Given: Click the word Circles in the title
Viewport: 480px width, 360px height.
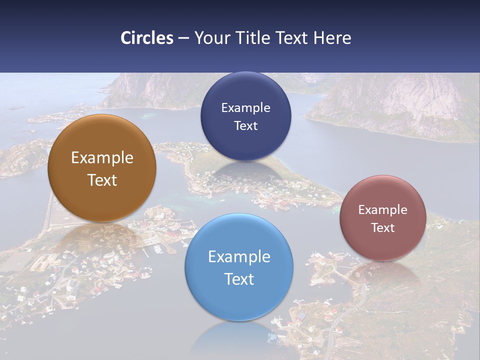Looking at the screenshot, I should pyautogui.click(x=147, y=38).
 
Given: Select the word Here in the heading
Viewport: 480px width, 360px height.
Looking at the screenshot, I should pyautogui.click(x=332, y=38).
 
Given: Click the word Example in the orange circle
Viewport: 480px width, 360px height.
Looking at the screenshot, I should pyautogui.click(x=102, y=158).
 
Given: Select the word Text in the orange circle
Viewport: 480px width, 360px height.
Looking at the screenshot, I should pyautogui.click(x=102, y=180).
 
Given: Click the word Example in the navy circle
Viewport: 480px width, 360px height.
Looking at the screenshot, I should pyautogui.click(x=245, y=108).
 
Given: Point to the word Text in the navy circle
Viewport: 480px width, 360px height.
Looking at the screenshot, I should pyautogui.click(x=245, y=125).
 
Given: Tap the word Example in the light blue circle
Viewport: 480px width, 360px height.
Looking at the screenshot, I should pyautogui.click(x=239, y=257).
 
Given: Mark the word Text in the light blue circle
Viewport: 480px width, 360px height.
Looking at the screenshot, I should pyautogui.click(x=239, y=279).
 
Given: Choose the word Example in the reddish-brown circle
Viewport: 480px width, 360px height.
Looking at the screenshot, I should pyautogui.click(x=382, y=210).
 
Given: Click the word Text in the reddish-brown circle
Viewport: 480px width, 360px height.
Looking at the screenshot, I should pyautogui.click(x=382, y=228).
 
